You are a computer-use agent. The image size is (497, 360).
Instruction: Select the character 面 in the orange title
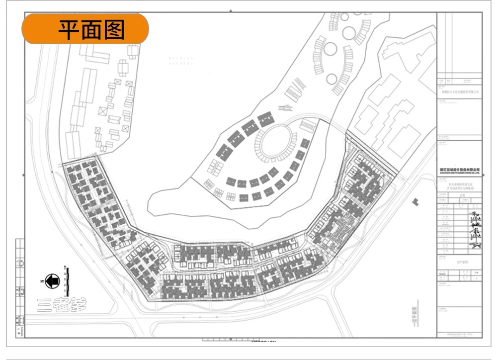91,29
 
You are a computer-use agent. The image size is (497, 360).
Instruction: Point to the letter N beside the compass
41,281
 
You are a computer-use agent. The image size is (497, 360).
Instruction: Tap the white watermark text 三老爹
62,304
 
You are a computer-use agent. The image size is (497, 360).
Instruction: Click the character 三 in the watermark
45,304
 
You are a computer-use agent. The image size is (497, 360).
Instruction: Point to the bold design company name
460,170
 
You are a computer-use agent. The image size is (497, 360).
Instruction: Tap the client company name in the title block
460,91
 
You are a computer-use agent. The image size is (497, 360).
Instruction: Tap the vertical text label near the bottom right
414,315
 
